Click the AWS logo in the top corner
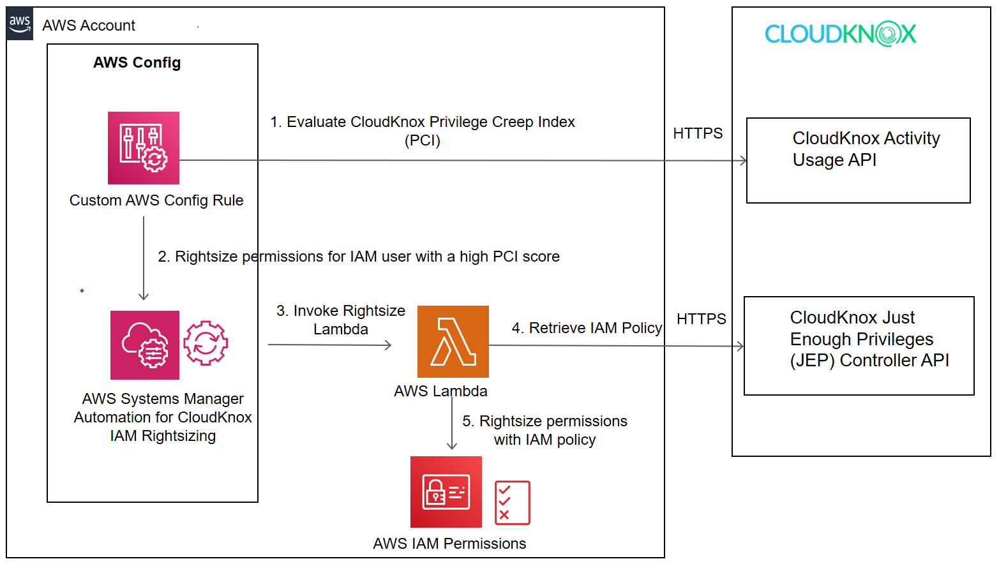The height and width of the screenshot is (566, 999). click(20, 24)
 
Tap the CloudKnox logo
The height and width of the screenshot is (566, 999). click(840, 34)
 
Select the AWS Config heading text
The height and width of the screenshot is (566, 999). click(137, 63)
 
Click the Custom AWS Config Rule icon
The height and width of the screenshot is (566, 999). click(144, 148)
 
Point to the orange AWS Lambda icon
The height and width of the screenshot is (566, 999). click(453, 342)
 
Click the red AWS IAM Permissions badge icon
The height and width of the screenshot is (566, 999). click(446, 492)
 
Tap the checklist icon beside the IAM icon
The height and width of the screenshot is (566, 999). click(513, 503)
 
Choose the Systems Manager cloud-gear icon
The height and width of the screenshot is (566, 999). click(145, 345)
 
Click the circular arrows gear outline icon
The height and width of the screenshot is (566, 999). click(206, 343)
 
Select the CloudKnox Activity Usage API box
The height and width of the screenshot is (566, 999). click(858, 161)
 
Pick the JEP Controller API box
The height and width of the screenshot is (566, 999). click(859, 346)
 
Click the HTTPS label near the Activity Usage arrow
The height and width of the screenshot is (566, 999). click(698, 133)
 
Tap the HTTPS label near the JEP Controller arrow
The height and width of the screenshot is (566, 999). click(701, 319)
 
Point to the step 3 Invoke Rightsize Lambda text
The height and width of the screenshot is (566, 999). click(341, 320)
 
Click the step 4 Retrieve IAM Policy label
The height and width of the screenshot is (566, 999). click(587, 328)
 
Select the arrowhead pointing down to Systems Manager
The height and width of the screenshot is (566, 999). click(144, 295)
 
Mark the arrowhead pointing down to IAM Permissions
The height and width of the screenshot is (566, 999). click(452, 445)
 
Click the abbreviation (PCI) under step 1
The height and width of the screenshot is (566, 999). click(423, 140)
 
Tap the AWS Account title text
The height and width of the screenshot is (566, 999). click(89, 26)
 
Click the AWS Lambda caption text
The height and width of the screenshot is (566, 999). click(440, 391)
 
